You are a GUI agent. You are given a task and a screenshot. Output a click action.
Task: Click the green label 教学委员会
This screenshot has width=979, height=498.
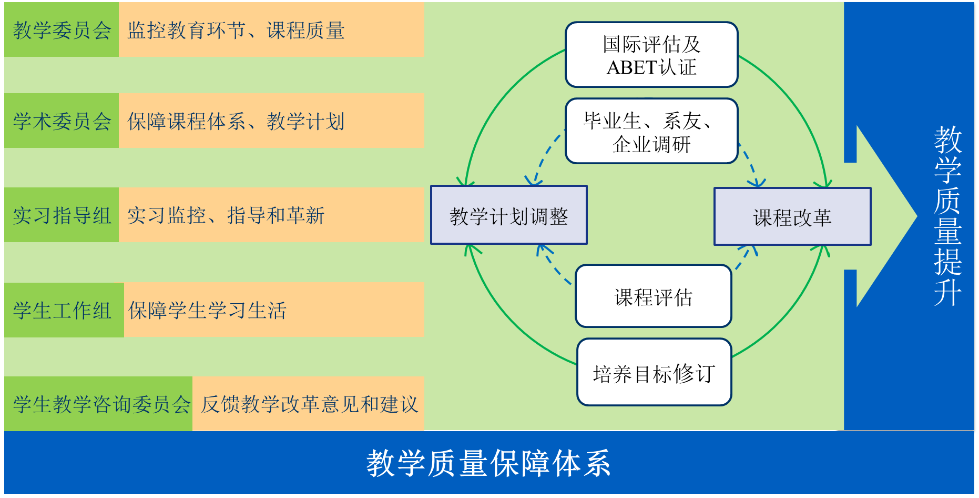click(62, 29)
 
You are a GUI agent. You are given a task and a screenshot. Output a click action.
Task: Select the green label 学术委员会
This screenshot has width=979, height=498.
click(62, 121)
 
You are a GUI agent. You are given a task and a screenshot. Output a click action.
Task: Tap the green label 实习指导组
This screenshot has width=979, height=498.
click(62, 215)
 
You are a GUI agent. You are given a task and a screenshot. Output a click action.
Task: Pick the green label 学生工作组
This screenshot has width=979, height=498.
click(64, 310)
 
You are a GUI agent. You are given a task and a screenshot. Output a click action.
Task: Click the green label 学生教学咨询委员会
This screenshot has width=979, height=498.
click(98, 404)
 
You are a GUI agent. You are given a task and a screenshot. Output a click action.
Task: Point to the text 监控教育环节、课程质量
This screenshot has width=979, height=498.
click(236, 31)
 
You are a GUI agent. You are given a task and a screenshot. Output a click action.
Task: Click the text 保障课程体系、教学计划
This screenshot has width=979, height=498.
click(236, 121)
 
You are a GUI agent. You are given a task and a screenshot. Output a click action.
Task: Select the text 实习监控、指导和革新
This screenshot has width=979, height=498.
click(226, 215)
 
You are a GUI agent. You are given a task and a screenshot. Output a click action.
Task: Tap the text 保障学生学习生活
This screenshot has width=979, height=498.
click(207, 310)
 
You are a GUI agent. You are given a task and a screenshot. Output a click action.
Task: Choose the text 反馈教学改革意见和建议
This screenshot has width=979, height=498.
click(310, 404)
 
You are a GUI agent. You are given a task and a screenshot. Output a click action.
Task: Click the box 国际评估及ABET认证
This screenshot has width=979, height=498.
click(651, 55)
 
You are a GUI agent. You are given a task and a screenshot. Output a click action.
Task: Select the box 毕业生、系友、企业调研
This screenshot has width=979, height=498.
click(651, 131)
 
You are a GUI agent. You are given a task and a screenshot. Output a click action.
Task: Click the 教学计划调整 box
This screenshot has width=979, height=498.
click(509, 215)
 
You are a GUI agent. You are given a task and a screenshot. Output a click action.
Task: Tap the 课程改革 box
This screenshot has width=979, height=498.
click(792, 216)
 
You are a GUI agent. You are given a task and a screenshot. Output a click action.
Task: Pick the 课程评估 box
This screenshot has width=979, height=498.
click(654, 296)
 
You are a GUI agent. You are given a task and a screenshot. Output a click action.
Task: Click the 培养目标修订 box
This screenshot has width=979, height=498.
click(654, 372)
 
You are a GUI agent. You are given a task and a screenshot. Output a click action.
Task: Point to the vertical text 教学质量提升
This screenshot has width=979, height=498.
click(947, 215)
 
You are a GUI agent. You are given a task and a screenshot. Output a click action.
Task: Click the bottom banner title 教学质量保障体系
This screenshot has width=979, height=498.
click(488, 463)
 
